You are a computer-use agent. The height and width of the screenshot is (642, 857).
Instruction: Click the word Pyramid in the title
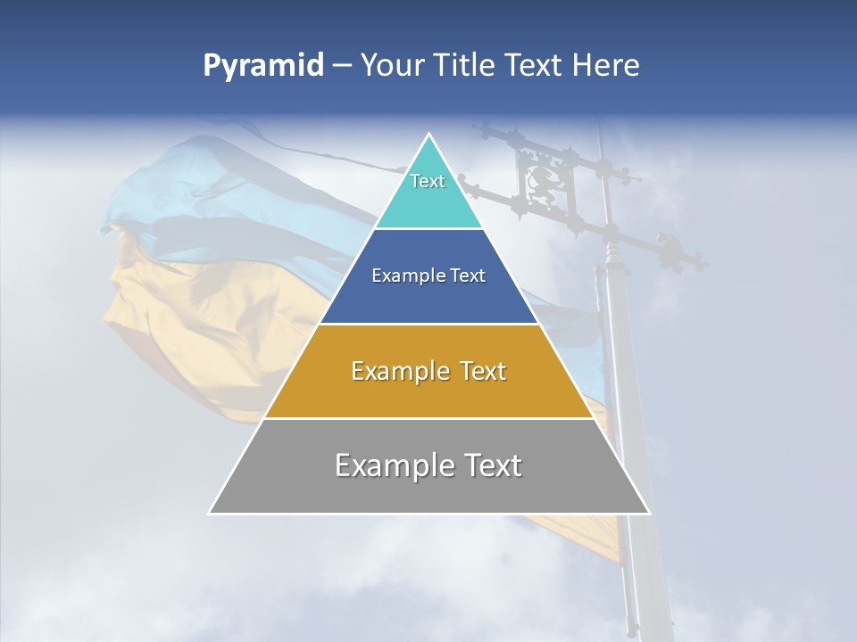262,66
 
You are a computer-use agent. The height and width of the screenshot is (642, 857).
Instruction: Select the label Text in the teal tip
428,181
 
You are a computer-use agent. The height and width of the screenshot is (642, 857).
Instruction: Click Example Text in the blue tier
428,276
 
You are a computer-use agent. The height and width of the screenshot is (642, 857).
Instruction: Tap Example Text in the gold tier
428,371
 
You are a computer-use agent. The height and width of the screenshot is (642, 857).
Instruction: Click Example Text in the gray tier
428,465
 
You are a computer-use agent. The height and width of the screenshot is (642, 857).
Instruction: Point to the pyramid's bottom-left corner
210,513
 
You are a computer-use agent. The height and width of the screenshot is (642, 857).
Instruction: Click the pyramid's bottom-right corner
649,513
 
